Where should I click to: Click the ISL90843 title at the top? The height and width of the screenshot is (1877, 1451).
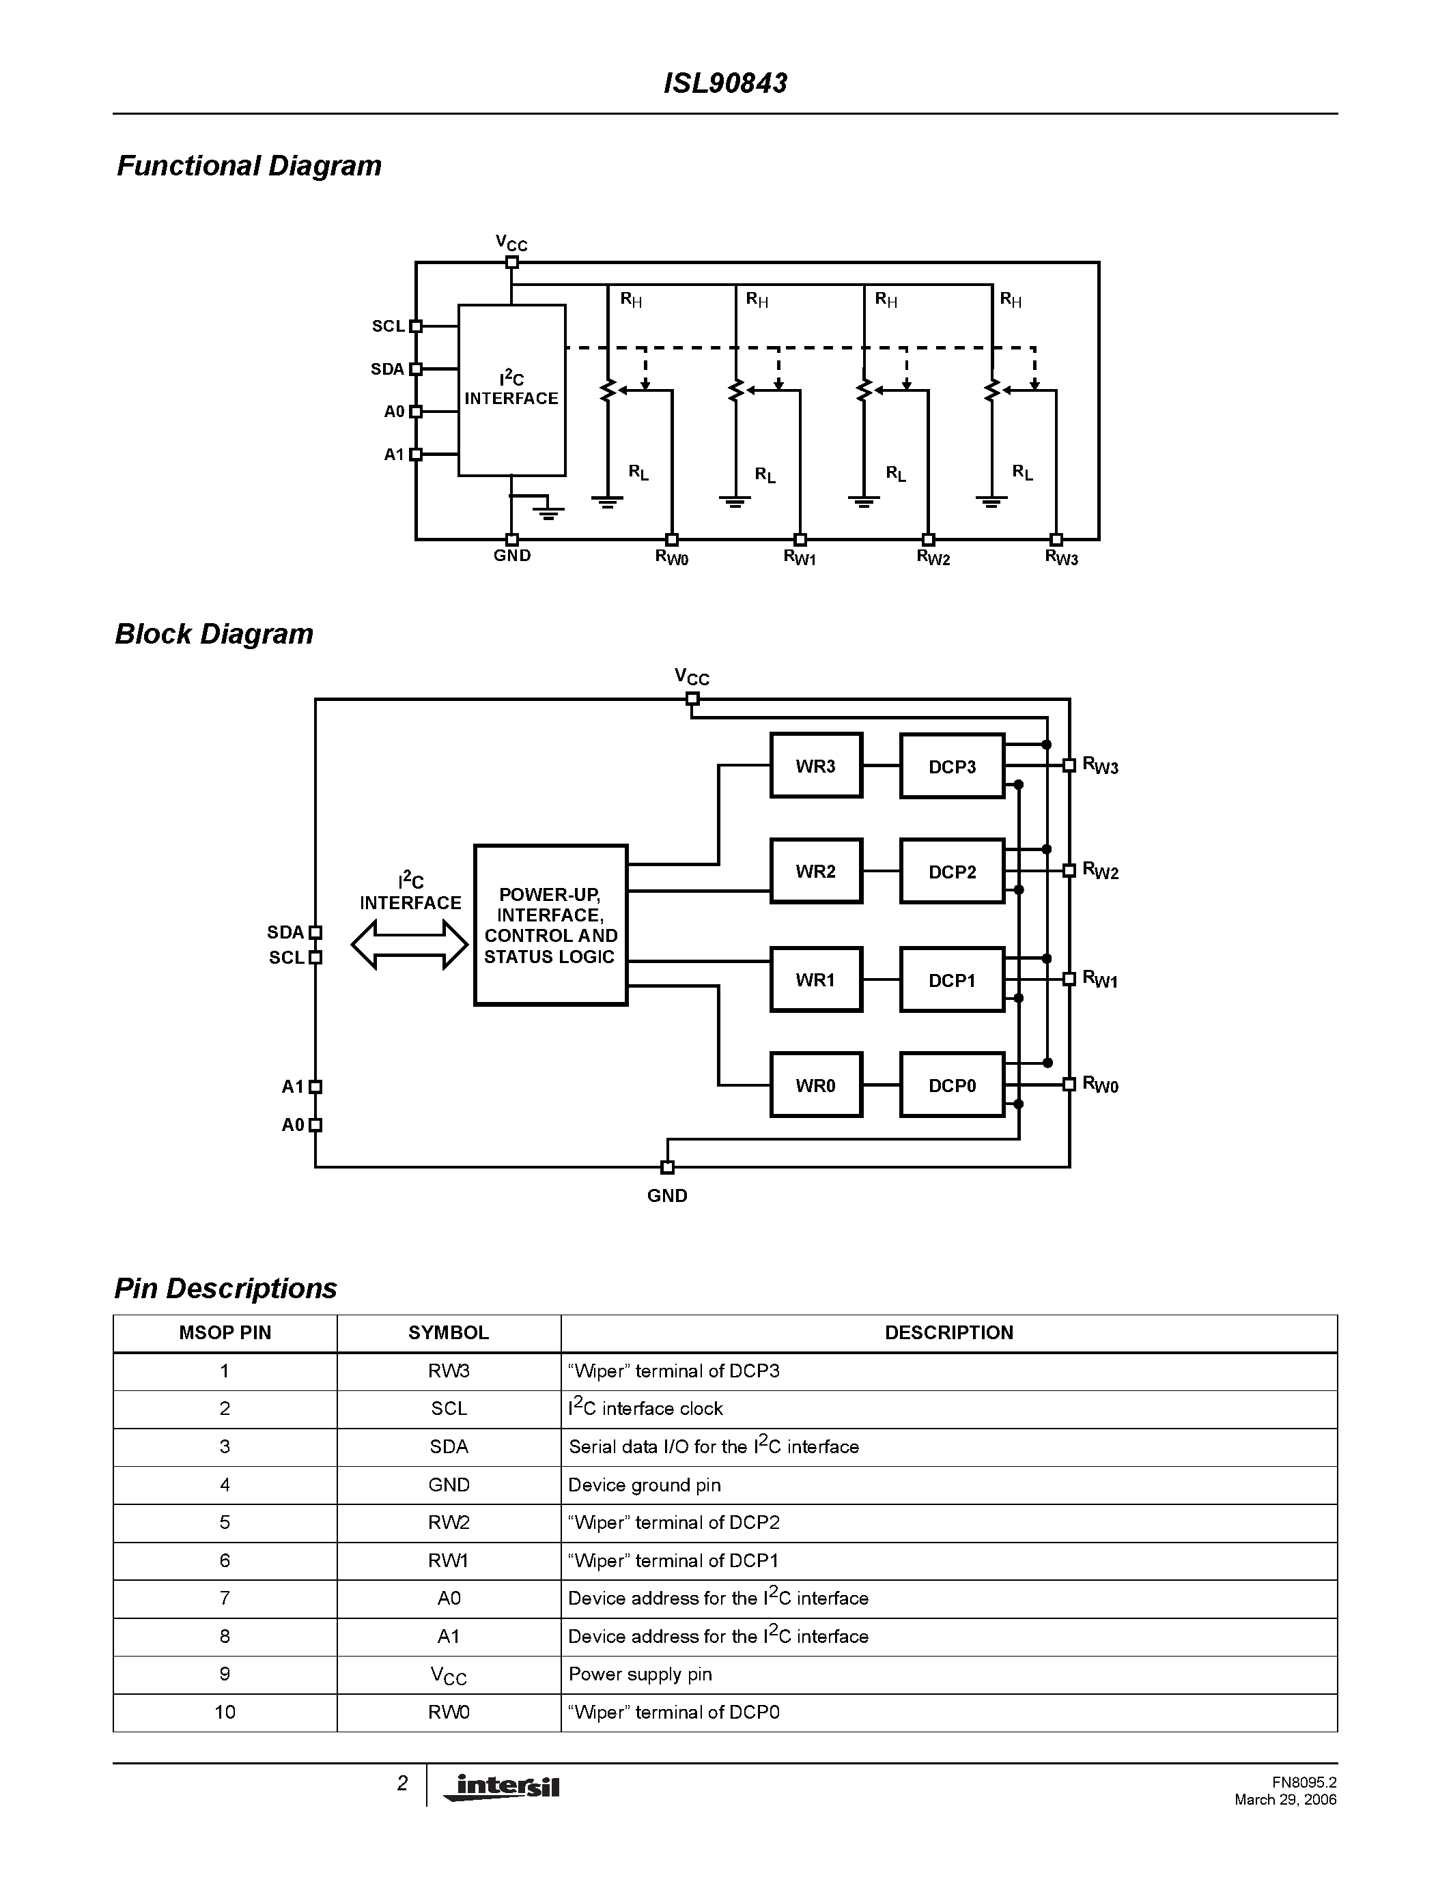click(724, 83)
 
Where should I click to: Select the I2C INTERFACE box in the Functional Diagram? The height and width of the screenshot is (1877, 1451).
click(511, 389)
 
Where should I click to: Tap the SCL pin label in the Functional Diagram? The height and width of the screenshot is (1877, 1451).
click(388, 326)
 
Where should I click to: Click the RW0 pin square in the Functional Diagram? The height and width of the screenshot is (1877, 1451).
click(672, 540)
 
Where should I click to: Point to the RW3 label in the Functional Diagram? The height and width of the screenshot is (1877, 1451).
click(1060, 558)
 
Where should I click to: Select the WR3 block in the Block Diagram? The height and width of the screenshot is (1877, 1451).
click(816, 766)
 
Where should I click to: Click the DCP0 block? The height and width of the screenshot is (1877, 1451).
click(952, 1085)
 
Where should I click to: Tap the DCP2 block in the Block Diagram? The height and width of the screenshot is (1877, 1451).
click(952, 872)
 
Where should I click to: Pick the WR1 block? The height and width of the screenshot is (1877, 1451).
click(816, 979)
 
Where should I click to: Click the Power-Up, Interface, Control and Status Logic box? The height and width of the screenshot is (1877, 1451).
click(550, 926)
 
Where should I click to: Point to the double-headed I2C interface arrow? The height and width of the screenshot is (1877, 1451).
click(410, 945)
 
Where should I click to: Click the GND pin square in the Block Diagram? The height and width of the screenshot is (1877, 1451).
click(667, 1167)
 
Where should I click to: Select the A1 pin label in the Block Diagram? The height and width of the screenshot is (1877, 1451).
click(292, 1087)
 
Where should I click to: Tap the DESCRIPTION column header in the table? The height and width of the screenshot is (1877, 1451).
click(949, 1333)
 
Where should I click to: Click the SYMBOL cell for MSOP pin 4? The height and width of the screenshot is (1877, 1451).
click(449, 1485)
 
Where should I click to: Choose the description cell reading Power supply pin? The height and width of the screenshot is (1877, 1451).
click(640, 1674)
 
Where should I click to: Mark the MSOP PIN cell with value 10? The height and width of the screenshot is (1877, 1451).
click(225, 1712)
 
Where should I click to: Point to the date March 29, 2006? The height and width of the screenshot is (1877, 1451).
click(1285, 1800)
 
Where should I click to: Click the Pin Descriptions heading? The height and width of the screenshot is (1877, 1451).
click(225, 1288)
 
